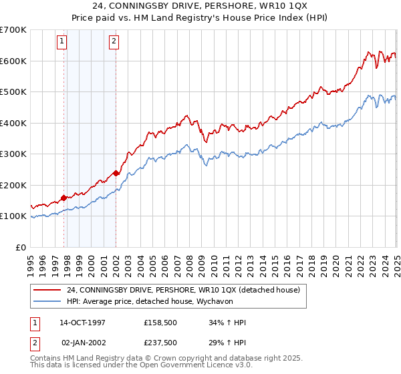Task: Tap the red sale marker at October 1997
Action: point(64,198)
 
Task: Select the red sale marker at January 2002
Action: point(116,174)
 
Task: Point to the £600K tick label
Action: point(13,61)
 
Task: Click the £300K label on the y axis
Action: point(13,154)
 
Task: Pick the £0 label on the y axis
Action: point(21,247)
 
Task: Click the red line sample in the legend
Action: point(48,290)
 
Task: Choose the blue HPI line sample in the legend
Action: point(48,301)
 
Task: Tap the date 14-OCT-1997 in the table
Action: point(83,322)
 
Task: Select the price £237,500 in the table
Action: point(160,342)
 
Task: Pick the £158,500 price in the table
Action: point(160,322)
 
